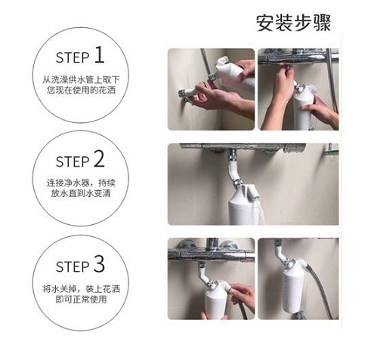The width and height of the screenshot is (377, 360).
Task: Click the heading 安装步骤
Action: (x=293, y=23)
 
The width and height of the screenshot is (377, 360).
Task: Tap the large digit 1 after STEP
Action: (x=99, y=55)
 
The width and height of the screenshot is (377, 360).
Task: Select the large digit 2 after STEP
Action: (x=99, y=159)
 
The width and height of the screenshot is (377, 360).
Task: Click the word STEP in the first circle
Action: (x=73, y=57)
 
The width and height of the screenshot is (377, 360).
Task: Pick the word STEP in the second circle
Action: (x=73, y=162)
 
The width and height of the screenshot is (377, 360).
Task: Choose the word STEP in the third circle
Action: (x=73, y=266)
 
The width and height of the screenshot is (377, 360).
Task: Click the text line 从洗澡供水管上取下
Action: (x=81, y=80)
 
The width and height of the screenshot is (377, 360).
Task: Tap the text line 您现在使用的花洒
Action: (x=81, y=90)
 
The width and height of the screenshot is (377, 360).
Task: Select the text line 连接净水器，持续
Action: (x=81, y=183)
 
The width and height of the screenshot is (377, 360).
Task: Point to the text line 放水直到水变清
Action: (x=81, y=193)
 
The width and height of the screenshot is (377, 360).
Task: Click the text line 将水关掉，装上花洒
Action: (x=81, y=289)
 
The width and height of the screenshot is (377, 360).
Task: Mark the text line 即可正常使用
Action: (x=81, y=299)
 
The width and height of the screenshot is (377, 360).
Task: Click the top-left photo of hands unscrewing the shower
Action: (x=211, y=89)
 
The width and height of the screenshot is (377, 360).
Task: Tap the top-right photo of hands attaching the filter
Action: (x=298, y=89)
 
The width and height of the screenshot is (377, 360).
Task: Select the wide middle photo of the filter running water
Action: (x=253, y=184)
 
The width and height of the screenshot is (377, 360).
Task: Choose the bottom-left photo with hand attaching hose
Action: (x=211, y=278)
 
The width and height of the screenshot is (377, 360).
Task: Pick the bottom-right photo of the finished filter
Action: (x=298, y=278)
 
